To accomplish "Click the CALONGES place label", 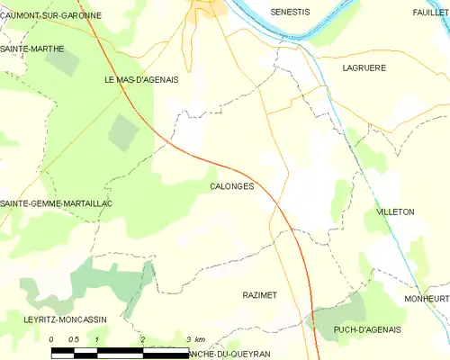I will click(231, 186).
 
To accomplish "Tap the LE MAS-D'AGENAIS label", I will click(141, 79).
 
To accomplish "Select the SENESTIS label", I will click(290, 13).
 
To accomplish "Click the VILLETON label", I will click(394, 211).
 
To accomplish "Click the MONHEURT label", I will click(427, 298).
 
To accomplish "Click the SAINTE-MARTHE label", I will click(32, 49).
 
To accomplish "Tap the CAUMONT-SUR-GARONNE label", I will click(50, 15).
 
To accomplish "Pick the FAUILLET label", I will click(431, 13).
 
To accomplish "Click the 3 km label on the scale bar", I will click(194, 339).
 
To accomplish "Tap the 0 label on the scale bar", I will click(51, 339).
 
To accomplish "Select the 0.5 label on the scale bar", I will click(74, 339).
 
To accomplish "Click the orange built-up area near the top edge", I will click(211, 7).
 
